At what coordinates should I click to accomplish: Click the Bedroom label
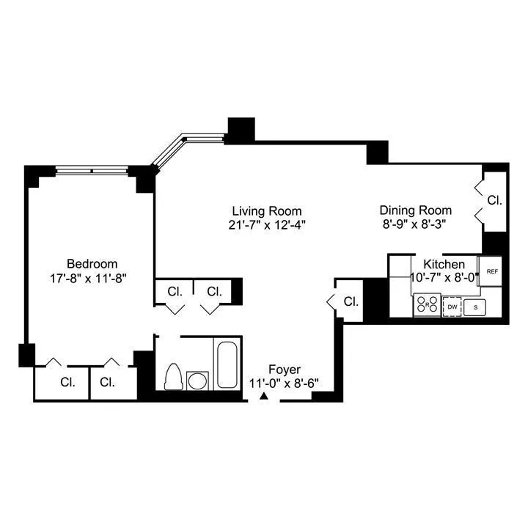(92, 264)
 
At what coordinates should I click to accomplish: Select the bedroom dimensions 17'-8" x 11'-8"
(92, 278)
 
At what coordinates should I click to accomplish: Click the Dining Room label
(414, 209)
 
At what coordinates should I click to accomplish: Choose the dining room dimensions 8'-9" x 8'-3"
(414, 223)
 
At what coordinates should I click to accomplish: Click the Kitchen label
(444, 264)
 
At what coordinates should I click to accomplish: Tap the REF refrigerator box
(492, 271)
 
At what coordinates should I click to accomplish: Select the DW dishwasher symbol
(452, 307)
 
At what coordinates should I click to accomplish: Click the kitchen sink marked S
(475, 307)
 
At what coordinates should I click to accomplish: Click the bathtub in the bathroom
(227, 364)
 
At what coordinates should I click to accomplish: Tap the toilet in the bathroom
(174, 377)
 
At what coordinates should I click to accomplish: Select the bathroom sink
(197, 381)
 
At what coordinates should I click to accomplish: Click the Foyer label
(284, 369)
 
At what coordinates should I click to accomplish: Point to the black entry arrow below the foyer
(264, 397)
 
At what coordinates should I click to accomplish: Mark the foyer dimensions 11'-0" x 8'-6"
(284, 383)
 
